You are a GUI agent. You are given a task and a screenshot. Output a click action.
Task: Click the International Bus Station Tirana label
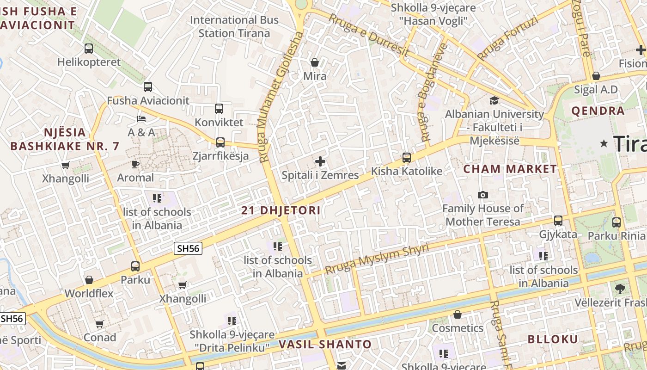tap(234, 26)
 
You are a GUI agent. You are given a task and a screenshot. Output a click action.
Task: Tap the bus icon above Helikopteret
tap(88, 48)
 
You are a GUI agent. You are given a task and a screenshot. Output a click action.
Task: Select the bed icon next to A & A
tap(142, 119)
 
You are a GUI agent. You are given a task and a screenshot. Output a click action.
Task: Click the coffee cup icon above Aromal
tap(135, 164)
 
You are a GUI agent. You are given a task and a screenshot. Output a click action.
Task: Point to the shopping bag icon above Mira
tap(315, 62)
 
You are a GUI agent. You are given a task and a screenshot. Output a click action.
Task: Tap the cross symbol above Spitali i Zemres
tap(320, 161)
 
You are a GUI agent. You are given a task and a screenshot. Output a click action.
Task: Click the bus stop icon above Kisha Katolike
tap(407, 158)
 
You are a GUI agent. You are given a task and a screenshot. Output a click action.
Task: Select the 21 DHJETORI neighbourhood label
tap(281, 210)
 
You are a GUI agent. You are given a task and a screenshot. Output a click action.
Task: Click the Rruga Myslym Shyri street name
tap(377, 259)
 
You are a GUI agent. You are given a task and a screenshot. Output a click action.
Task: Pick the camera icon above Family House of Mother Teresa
tap(483, 195)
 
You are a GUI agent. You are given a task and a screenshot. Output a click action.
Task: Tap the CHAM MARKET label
tap(510, 169)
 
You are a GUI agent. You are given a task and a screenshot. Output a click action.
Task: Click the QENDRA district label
tap(598, 111)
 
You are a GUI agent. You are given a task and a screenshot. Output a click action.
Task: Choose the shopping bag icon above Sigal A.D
tap(596, 76)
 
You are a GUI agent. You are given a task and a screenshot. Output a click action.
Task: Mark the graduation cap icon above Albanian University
tap(494, 100)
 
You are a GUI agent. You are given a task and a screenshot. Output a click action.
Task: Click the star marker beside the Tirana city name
tap(604, 144)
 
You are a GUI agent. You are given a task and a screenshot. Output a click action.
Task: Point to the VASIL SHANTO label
tap(325, 344)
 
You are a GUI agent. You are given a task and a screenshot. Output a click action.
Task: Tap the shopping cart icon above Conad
tap(99, 324)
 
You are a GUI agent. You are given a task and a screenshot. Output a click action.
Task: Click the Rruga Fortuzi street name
tap(508, 38)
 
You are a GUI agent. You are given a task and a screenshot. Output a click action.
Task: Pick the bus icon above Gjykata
tap(558, 221)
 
